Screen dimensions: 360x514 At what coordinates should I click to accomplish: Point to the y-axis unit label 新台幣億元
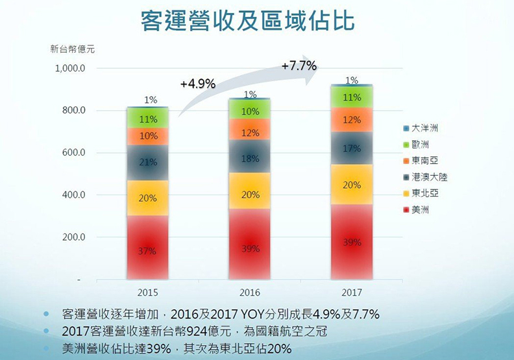coord(71,49)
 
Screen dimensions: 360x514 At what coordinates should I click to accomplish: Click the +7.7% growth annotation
coord(299,66)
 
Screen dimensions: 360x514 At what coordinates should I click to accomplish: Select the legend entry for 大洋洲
coord(424,129)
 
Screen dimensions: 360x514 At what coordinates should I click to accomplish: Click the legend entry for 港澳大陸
coord(428,176)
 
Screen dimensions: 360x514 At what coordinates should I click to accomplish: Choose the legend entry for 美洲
coord(421,209)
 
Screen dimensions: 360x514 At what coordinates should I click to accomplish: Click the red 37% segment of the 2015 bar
coord(147,250)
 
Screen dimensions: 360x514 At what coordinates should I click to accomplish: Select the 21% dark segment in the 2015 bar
coord(147,162)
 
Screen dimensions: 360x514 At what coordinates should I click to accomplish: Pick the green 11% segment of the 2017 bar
coord(351,97)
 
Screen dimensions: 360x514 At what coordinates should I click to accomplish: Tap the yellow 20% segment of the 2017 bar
coord(351,185)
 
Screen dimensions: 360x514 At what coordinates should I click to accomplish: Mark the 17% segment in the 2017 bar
coord(351,149)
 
